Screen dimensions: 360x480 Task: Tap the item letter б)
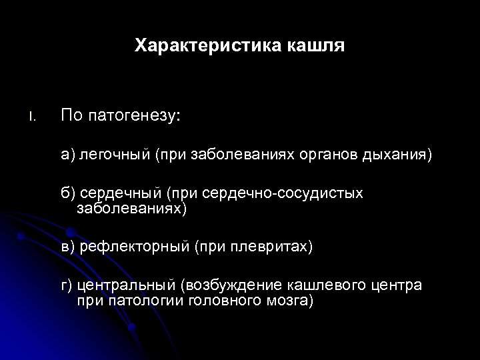coord(68,193)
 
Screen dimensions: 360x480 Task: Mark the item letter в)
coord(68,247)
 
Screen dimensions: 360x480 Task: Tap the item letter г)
coord(67,286)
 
